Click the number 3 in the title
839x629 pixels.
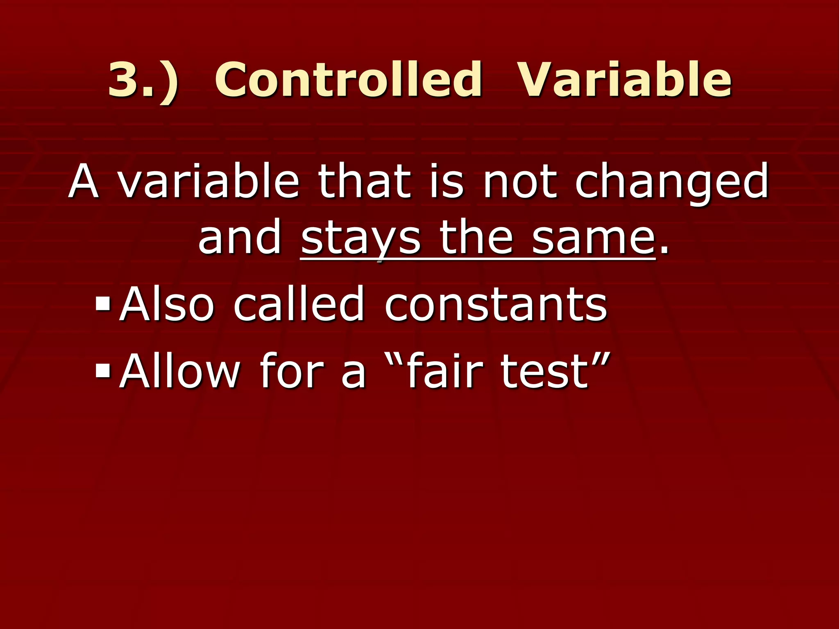(127, 80)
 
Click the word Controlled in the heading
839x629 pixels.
(348, 80)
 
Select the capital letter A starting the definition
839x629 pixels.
(84, 181)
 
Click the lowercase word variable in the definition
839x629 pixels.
(209, 181)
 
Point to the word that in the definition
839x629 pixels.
(365, 181)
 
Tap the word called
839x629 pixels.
(299, 304)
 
